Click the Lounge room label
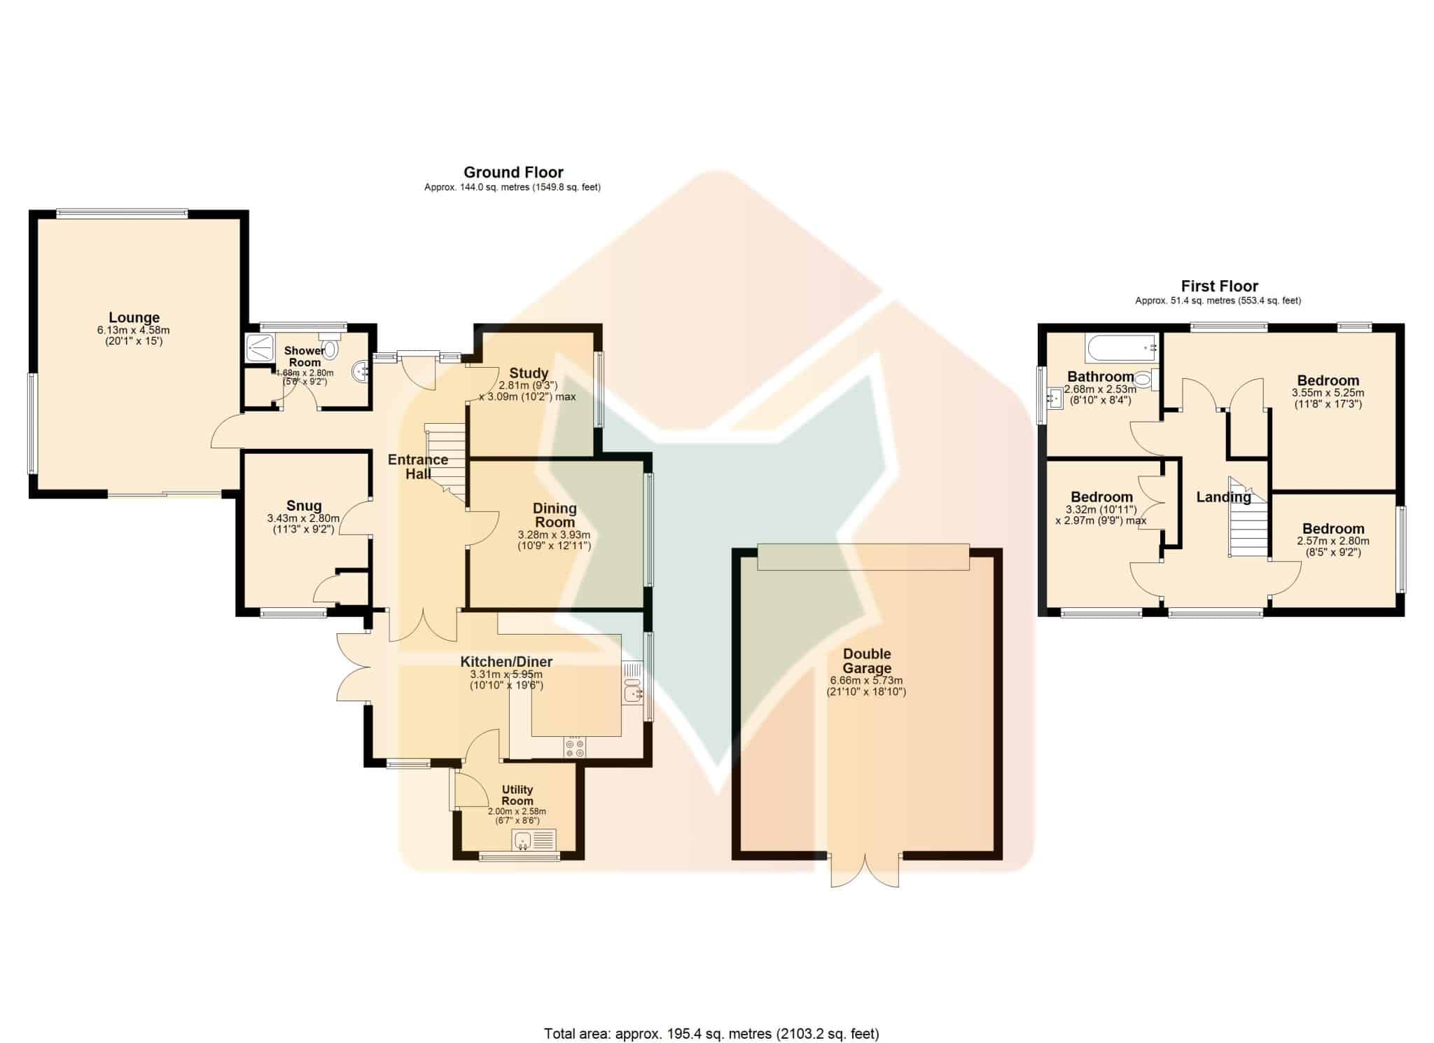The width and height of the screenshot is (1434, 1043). coord(134,318)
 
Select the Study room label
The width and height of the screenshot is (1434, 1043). coord(529,373)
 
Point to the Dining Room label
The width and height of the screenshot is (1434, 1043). coord(555,516)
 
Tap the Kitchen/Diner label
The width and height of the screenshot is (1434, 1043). coord(506,662)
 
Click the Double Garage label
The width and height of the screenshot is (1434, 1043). coord(867,661)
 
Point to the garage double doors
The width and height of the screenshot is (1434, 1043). coord(865,871)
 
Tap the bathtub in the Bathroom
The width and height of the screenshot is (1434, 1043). coord(1120,345)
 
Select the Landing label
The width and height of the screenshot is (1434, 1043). coord(1223,497)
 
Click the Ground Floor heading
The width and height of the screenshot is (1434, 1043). coord(513,172)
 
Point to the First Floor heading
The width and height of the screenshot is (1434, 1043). coord(1220,286)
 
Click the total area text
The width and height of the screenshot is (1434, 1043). coord(711,1034)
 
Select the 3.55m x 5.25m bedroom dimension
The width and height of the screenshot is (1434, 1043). coord(1328,393)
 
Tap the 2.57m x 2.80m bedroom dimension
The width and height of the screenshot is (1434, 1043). coord(1333,541)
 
